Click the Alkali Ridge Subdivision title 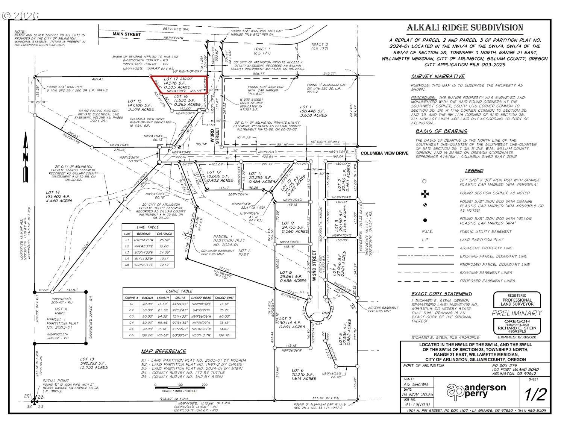(465, 28)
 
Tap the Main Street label (127, 35)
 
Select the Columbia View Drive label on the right (384, 153)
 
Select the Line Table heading (148, 227)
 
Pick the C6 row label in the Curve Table (132, 335)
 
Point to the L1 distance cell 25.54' (165, 240)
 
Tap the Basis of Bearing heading (436, 132)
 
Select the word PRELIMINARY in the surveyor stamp (517, 313)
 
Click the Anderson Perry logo (476, 391)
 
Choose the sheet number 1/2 (535, 394)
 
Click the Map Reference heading (164, 352)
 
